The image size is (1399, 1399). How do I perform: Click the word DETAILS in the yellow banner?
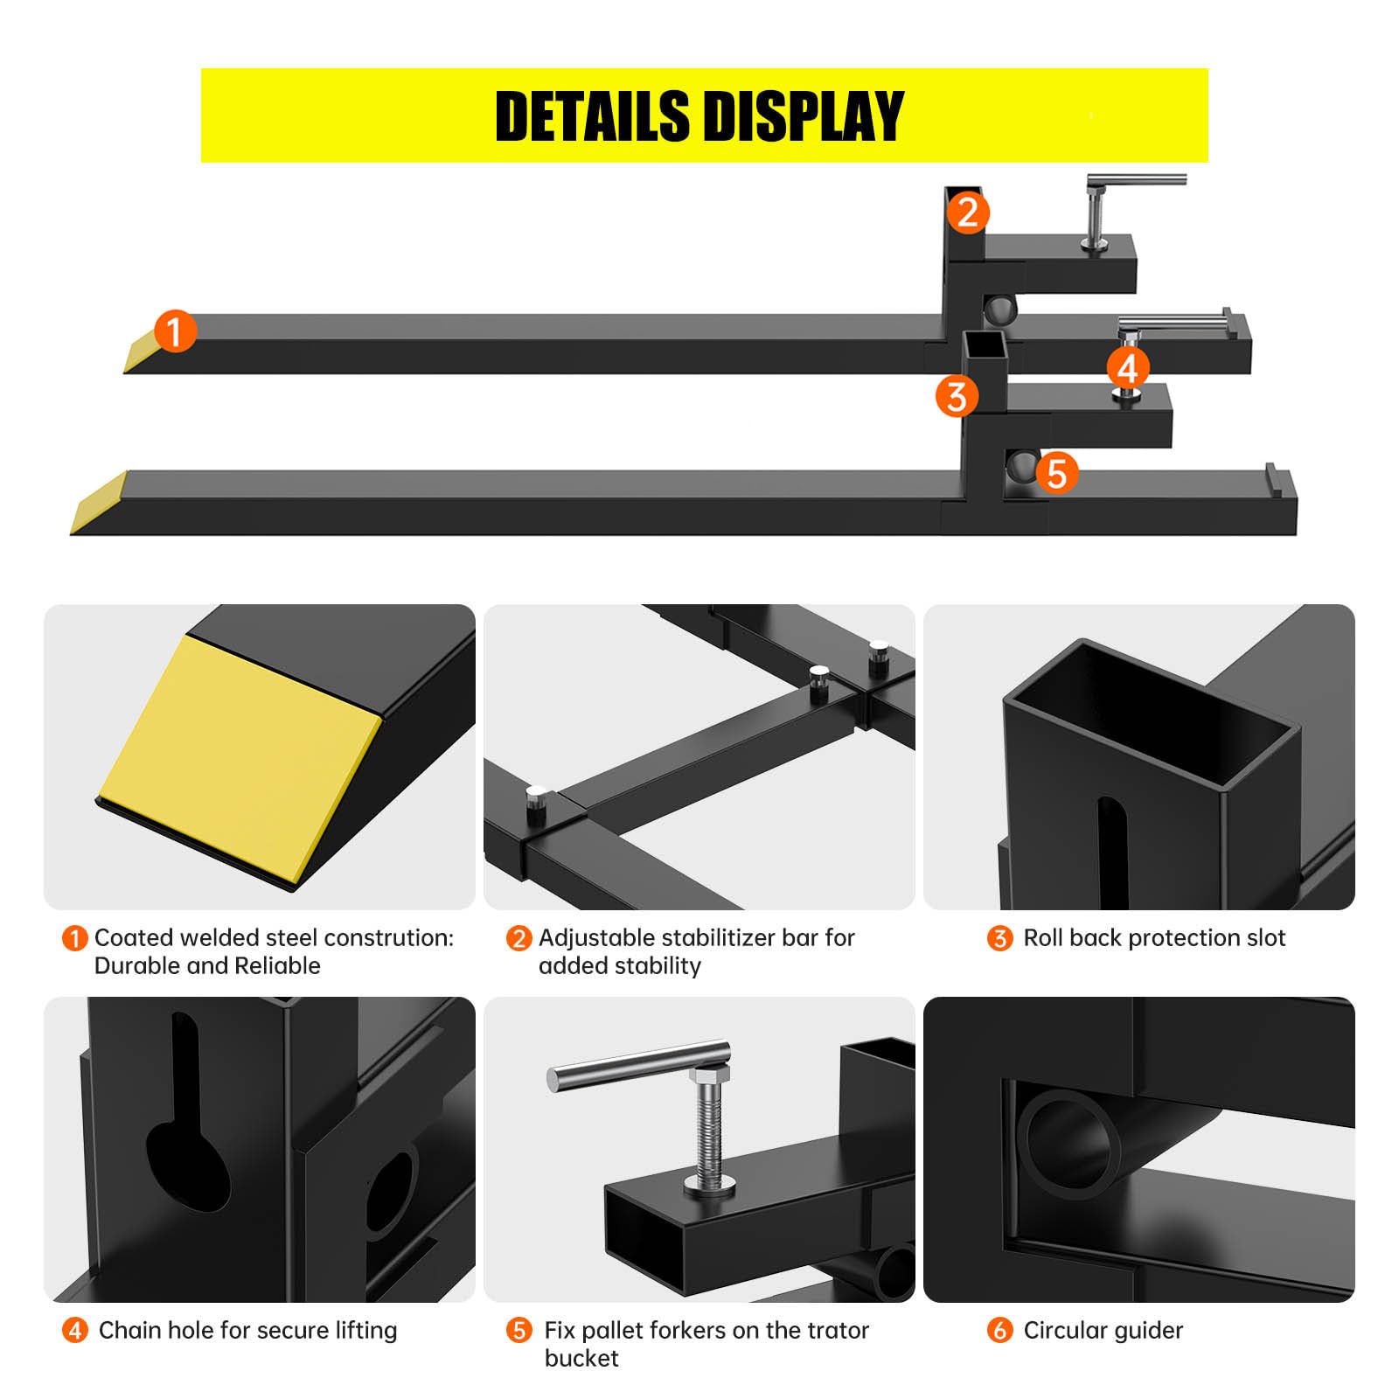click(x=592, y=116)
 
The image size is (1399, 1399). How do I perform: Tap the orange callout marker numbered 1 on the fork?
click(x=175, y=331)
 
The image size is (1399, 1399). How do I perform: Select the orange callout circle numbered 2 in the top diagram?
click(x=967, y=212)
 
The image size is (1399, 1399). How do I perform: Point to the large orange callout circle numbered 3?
click(x=957, y=396)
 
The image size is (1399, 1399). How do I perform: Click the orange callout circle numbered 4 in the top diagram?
click(x=1128, y=367)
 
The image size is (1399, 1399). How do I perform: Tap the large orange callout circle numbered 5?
click(x=1057, y=473)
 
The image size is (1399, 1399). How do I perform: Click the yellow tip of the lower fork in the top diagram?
click(x=98, y=502)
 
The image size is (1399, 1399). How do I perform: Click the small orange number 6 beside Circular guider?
click(x=999, y=1330)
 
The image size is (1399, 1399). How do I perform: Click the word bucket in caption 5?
click(x=581, y=1358)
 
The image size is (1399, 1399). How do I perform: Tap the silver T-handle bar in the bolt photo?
click(x=638, y=1064)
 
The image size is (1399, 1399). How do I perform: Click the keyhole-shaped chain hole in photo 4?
click(x=187, y=1129)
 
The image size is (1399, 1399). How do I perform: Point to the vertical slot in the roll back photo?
click(x=1111, y=852)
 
